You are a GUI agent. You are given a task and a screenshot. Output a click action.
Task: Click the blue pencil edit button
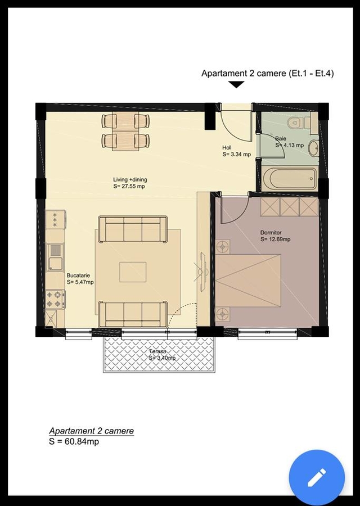[317, 477]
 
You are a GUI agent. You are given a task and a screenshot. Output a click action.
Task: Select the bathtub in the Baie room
[290, 178]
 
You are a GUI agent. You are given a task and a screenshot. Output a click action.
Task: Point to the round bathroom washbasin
[313, 148]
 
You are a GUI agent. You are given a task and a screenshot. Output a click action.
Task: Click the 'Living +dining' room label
[130, 180]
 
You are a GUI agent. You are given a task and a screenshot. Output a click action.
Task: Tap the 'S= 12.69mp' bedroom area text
[276, 240]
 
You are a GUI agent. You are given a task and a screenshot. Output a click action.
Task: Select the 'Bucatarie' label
[78, 275]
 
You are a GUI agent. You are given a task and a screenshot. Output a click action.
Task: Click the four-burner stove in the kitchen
[55, 299]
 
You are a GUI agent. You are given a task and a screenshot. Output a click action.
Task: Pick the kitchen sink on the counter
[56, 257]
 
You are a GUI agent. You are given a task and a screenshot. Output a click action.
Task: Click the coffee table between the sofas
[133, 272]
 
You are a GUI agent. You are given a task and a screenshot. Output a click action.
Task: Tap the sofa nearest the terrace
[133, 314]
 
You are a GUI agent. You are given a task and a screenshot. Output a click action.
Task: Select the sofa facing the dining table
[133, 229]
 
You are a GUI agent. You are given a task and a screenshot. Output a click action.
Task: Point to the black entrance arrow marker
[236, 84]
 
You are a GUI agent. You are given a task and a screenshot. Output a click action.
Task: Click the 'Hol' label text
[227, 147]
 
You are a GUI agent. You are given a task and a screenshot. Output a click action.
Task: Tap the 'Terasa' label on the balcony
[158, 351]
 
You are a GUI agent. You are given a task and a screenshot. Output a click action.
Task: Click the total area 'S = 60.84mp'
[74, 441]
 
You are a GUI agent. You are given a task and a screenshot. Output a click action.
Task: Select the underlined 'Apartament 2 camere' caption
[91, 431]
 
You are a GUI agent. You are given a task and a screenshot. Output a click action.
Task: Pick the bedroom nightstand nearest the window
[222, 313]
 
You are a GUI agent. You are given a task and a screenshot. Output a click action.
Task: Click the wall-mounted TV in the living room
[203, 273]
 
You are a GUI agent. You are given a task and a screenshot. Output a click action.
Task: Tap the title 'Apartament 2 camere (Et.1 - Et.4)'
[268, 73]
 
